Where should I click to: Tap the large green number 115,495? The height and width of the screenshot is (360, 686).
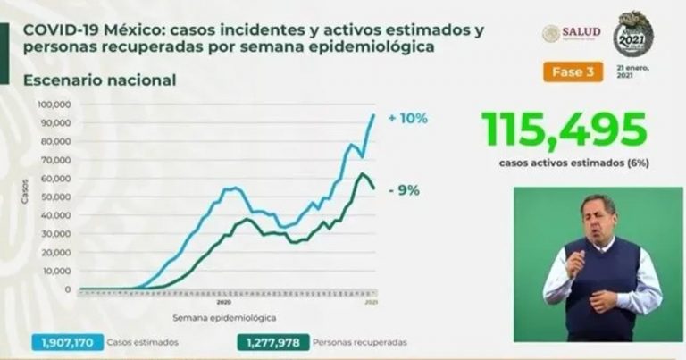tap(564, 130)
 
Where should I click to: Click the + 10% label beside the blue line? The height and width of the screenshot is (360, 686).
tap(410, 118)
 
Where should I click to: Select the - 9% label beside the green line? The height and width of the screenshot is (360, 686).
tap(404, 189)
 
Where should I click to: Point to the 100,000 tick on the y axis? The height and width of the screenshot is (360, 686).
tap(55, 105)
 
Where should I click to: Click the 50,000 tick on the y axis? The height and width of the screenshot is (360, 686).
tap(57, 197)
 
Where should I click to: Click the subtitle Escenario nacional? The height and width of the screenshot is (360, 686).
tap(99, 80)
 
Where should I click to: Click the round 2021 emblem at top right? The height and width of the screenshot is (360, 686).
tap(633, 34)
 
